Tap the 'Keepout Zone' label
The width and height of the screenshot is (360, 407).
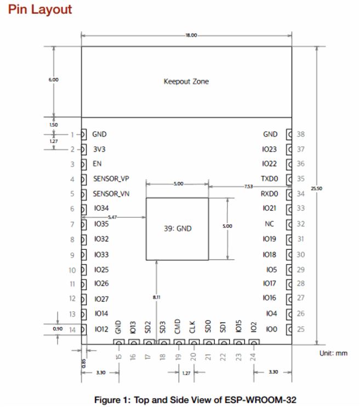(x=186, y=82)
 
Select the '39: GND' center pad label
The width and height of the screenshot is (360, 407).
(x=178, y=228)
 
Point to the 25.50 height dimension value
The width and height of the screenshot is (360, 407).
(x=316, y=188)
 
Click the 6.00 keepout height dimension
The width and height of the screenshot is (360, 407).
(x=53, y=79)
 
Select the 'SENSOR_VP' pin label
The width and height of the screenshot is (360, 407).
(x=111, y=179)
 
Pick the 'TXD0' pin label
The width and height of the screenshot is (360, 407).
(x=269, y=179)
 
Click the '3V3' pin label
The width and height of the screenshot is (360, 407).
(x=100, y=148)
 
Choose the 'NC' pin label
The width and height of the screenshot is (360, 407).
(x=269, y=224)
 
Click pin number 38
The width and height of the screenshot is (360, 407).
(x=300, y=134)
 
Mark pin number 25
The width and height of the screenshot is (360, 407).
(x=300, y=329)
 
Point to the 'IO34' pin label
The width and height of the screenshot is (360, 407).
(x=101, y=209)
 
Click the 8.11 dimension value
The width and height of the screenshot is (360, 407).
(x=157, y=297)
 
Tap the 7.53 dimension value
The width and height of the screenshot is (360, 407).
(x=249, y=187)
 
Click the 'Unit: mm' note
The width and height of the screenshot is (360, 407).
(x=333, y=353)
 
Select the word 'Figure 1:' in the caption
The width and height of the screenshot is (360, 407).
(x=112, y=398)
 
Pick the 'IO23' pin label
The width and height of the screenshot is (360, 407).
(x=270, y=148)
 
